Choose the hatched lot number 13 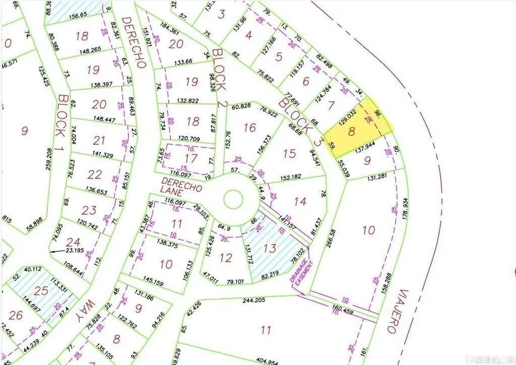tap(270, 248)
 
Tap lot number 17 tap(190, 158)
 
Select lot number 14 tap(300, 201)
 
